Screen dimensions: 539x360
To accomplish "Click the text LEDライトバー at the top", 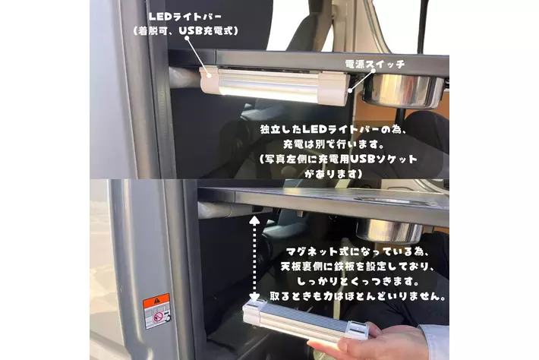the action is tap(185, 17).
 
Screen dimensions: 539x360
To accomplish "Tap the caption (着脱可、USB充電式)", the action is tap(186, 31).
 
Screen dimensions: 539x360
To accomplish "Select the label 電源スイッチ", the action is tap(375, 64).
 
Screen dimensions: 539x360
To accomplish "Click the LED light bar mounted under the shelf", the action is tap(274, 86).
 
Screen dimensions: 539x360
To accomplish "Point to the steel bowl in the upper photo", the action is tap(404, 90).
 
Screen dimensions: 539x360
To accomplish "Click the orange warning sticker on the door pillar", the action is tap(156, 311).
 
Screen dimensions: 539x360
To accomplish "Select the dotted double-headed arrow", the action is tap(254, 258).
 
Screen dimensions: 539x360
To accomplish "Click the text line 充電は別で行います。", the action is tap(333, 144).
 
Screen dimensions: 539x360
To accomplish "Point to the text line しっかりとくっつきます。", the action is tap(358, 281).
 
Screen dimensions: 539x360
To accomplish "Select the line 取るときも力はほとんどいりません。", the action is tap(358, 296).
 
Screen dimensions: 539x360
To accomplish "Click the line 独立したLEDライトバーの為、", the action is tap(333, 130).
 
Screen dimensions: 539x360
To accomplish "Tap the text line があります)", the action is tap(333, 174).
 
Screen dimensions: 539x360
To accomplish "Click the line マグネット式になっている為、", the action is tap(358, 251).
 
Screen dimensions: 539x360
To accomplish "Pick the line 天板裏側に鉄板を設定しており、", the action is tap(358, 267).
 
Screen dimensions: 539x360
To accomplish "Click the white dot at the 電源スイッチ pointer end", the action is tap(350, 91).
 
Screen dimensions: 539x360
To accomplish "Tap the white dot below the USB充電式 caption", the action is tap(187, 38).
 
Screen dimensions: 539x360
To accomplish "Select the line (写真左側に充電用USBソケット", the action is tap(339, 159).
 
